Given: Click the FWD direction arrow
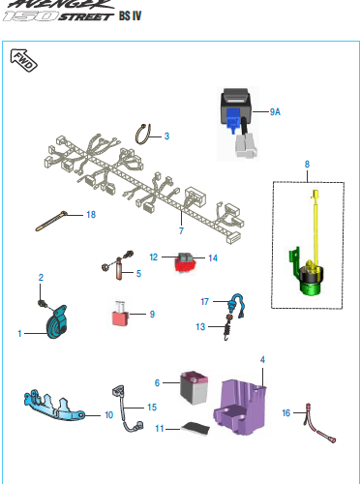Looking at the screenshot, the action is click(x=23, y=60).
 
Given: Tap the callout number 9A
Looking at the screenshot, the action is click(x=275, y=112).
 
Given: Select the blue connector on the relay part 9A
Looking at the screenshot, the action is click(x=233, y=119).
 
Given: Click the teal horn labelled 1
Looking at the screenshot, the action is click(x=57, y=322).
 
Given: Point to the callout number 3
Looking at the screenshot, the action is click(x=166, y=136).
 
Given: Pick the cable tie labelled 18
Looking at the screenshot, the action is click(x=51, y=221).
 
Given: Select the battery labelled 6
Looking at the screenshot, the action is click(x=194, y=387).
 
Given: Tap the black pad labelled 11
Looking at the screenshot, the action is click(x=195, y=428).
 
